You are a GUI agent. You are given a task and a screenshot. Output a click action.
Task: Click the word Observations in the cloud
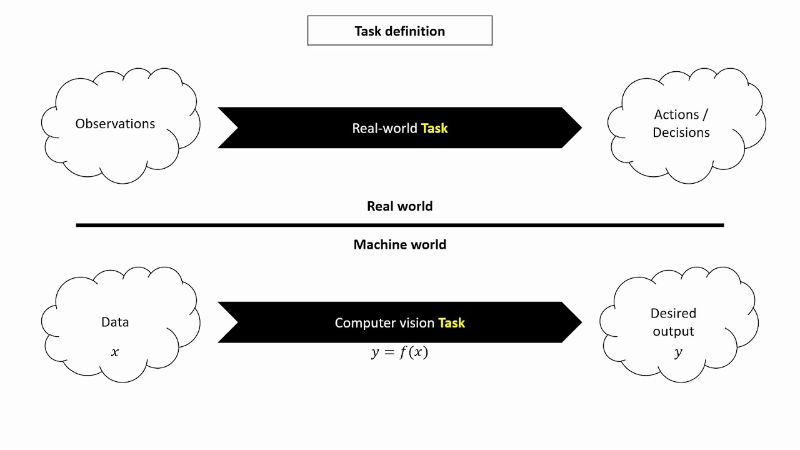[115, 124]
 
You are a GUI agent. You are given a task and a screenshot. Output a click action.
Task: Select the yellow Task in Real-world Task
[434, 128]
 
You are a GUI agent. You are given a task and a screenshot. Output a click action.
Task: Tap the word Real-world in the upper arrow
[384, 128]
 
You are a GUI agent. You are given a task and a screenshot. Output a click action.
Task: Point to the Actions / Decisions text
[681, 123]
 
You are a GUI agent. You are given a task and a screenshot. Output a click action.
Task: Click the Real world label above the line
[399, 206]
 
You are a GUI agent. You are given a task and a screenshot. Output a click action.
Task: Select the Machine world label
[399, 244]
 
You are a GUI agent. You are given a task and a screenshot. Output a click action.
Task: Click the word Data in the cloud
[115, 322]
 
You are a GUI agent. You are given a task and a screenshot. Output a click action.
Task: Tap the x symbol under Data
[114, 352]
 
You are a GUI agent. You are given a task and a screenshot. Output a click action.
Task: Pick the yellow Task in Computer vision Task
[451, 323]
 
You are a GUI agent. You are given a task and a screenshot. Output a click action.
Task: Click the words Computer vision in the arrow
[384, 323]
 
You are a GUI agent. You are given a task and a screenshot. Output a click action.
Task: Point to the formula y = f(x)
[399, 352]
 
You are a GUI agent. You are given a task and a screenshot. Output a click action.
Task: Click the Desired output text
[673, 322]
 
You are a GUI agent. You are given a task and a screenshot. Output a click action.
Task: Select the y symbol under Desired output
[678, 352]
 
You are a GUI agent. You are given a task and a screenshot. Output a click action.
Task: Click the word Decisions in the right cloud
[681, 132]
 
